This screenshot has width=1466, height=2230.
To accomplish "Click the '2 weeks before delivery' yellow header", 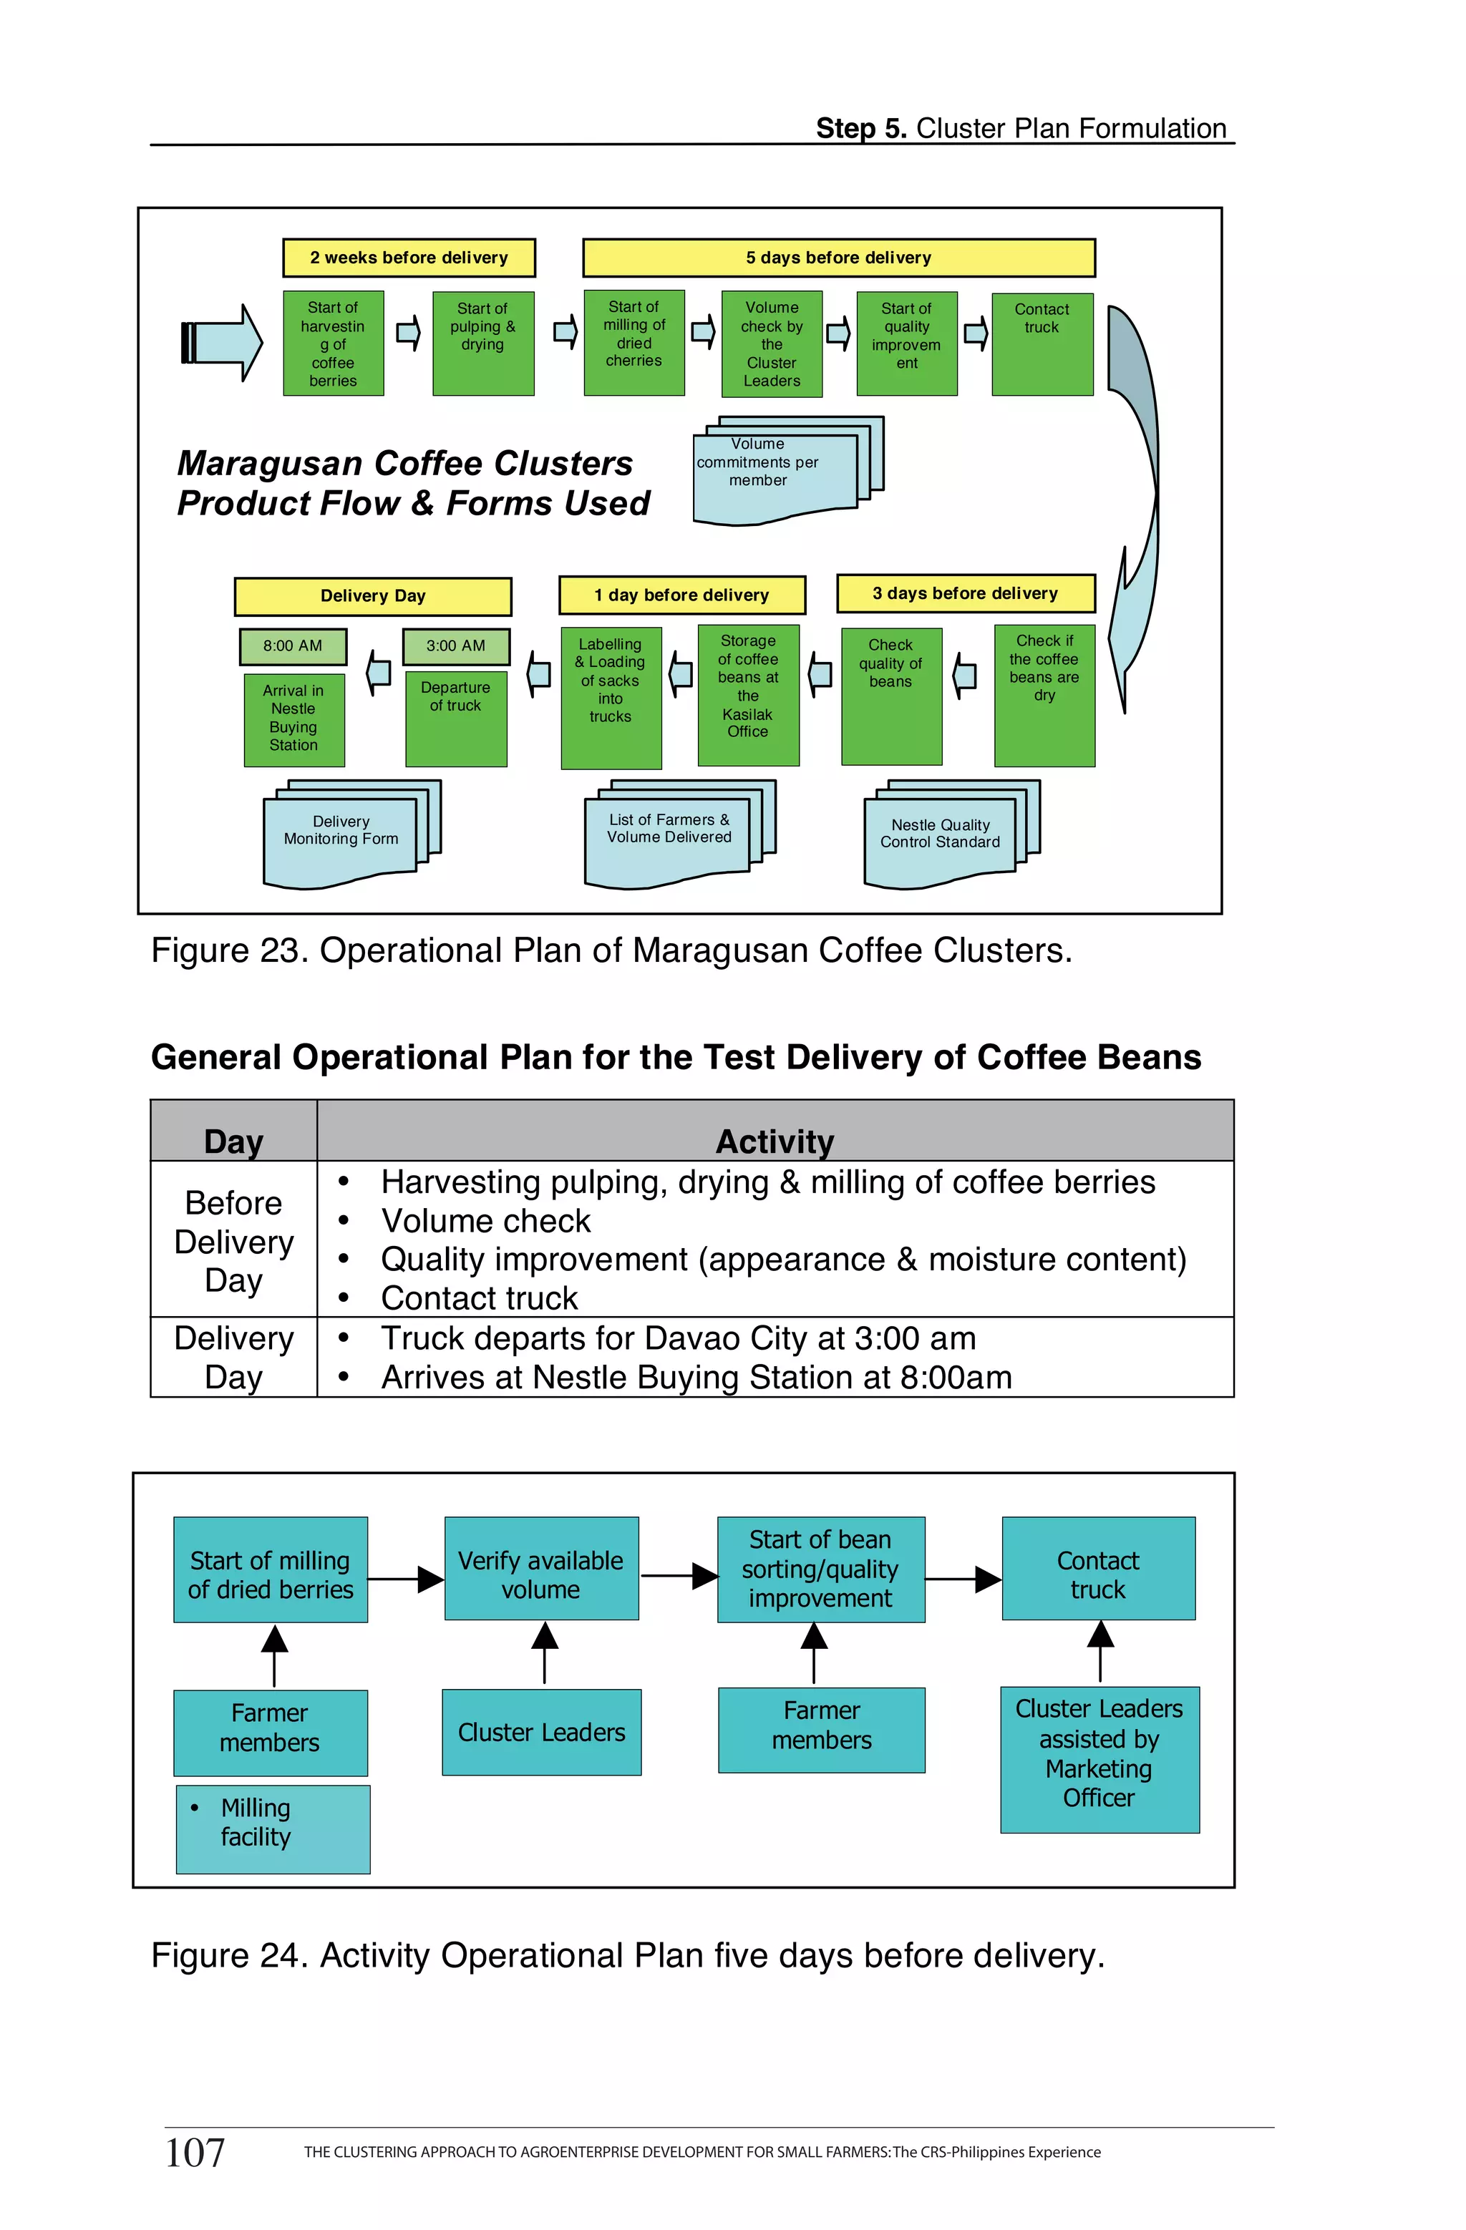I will pos(409,258).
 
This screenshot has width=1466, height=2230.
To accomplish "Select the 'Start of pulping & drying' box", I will pos(482,343).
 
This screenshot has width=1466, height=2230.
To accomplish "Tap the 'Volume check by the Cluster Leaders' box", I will pos(772,344).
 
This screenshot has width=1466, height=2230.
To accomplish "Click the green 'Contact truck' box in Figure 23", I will pos(1042,343).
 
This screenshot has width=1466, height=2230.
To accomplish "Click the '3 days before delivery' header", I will pos(966,593).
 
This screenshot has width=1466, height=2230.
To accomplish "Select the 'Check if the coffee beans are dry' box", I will pos(1044,695).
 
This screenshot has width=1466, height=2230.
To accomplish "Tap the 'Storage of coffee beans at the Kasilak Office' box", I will pos(748,695).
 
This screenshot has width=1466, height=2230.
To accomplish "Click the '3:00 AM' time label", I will pos(455,646).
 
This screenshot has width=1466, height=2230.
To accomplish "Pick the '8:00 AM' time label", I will pos(293,646).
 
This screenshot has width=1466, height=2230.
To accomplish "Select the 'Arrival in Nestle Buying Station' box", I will pos(294,719).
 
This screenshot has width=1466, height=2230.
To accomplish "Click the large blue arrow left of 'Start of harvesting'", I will pos(221,343).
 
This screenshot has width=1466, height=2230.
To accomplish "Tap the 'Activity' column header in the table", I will pos(775,1141).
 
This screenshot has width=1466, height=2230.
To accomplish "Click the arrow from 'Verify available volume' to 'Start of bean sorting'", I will pos(678,1576).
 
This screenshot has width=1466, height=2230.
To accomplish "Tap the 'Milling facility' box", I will pos(273,1829).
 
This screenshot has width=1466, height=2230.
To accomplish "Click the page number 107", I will pos(195,2152).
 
